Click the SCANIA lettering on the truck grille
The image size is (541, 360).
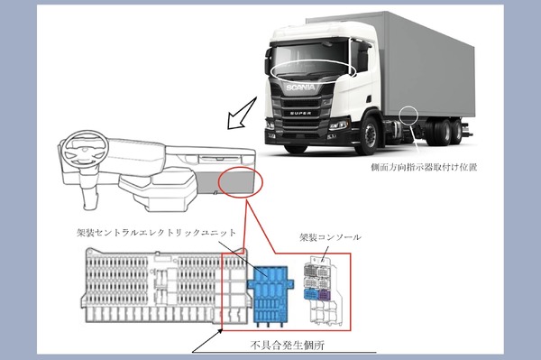point(300,88)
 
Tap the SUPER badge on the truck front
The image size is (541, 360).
point(300,113)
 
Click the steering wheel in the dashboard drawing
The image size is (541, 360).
point(86,149)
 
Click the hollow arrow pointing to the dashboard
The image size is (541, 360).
point(242,114)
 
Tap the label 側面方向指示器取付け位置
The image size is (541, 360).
point(424,168)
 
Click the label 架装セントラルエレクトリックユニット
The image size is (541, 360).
point(156,233)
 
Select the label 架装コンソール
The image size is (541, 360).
point(331,237)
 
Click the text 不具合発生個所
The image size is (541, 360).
point(288,345)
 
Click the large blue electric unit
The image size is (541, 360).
point(270,296)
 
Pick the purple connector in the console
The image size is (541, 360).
point(325,295)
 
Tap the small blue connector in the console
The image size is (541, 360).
point(310,295)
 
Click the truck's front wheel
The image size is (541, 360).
point(369,135)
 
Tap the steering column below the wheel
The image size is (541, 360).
point(88,187)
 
